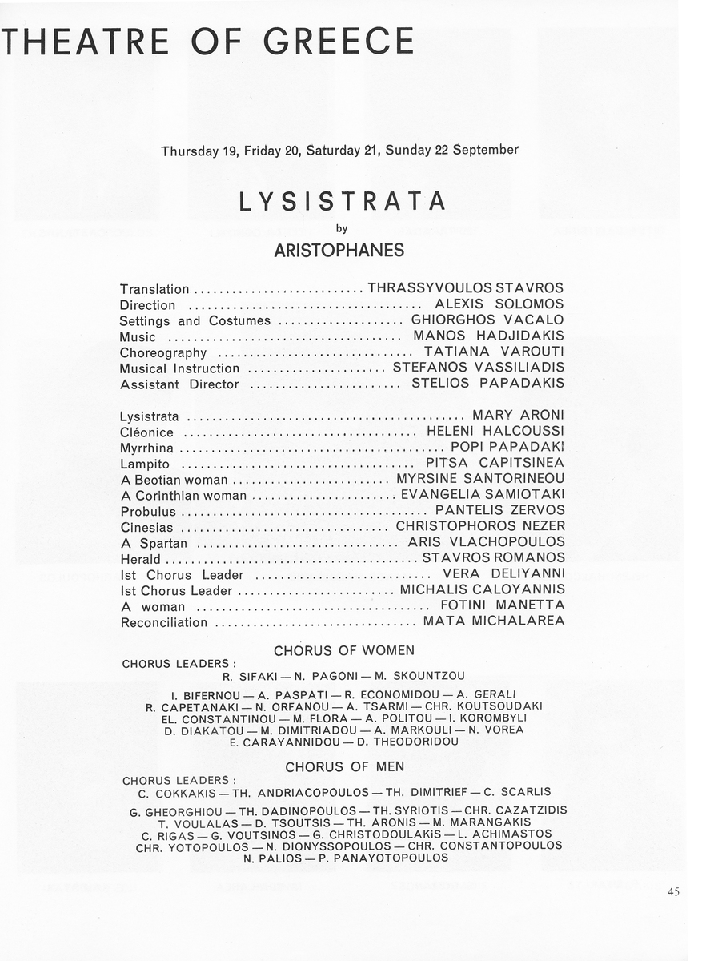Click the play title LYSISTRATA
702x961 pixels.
tap(343, 201)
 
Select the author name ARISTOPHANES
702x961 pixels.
tap(339, 251)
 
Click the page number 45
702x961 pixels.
tap(672, 892)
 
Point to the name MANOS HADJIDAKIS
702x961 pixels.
tap(488, 336)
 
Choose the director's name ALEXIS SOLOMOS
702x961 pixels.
tap(499, 305)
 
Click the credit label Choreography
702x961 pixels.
tap(163, 352)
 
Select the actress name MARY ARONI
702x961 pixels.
tap(518, 415)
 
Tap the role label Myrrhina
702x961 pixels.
tap(146, 448)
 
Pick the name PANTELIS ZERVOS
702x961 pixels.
tap(499, 510)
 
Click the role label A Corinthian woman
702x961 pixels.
tap(183, 495)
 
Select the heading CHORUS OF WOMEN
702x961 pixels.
tap(344, 650)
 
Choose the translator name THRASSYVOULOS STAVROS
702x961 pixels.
tap(465, 288)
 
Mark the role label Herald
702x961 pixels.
tap(140, 558)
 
